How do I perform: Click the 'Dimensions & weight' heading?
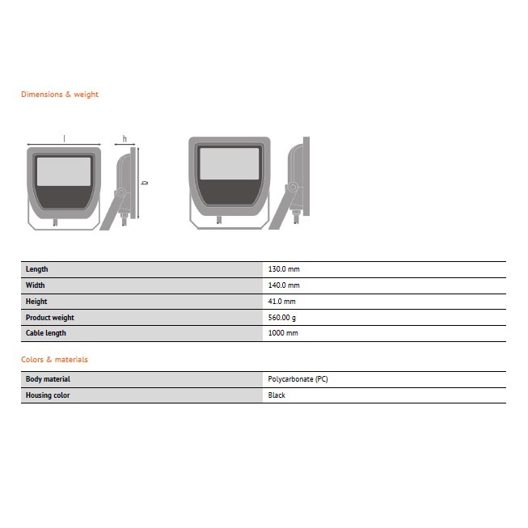pos(59,95)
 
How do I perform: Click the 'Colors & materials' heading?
pos(54,359)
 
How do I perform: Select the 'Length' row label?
pos(36,269)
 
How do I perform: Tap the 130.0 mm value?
pos(283,269)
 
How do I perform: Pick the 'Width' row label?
pos(35,285)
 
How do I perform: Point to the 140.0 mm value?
pos(283,285)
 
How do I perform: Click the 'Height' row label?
pos(36,302)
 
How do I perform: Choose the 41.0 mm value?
pos(281,302)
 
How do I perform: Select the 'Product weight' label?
pos(49,318)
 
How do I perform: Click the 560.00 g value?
pos(283,318)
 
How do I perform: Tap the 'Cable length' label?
pos(46,333)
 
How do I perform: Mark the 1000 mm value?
pos(282,333)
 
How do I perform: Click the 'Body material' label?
pos(48,379)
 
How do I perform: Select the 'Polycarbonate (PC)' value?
pos(298,379)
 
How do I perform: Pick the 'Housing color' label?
pos(48,395)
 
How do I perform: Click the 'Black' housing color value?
pos(277,395)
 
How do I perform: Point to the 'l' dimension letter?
pos(65,138)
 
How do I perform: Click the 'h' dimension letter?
pos(125,138)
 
